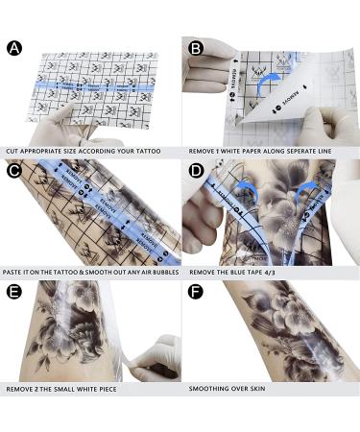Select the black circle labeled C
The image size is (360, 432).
coord(14,172)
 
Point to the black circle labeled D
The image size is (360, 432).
coord(195,172)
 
